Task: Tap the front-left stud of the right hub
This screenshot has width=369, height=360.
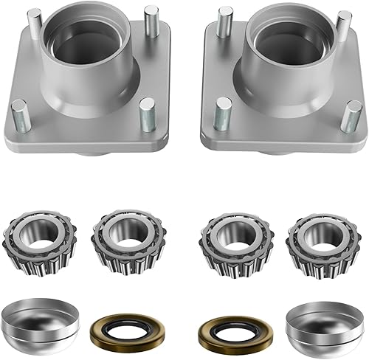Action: [x=224, y=114]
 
